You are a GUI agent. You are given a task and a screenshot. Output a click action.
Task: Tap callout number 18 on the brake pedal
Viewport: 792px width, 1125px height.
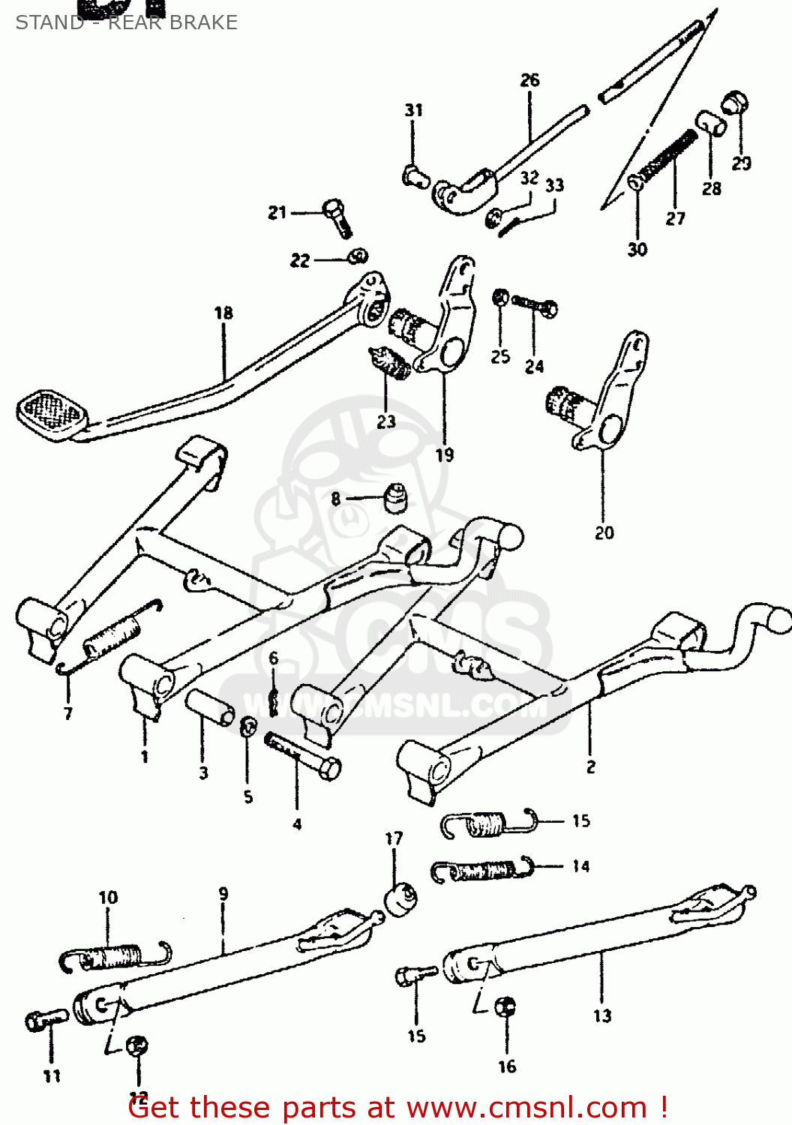tap(223, 313)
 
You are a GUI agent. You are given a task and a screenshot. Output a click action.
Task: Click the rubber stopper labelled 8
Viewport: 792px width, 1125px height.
tap(396, 498)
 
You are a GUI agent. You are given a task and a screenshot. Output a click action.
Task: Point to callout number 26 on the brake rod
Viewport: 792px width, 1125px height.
tap(529, 80)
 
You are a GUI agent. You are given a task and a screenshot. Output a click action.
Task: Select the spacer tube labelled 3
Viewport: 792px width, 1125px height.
tap(210, 708)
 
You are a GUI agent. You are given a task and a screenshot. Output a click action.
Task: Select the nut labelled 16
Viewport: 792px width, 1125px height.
tap(506, 1006)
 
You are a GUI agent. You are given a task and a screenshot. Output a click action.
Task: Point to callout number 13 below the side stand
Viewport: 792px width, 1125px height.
tap(602, 1016)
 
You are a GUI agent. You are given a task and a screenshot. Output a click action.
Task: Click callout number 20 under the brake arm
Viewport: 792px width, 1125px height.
tap(604, 533)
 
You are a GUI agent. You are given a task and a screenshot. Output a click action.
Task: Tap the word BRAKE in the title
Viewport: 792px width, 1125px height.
tap(203, 22)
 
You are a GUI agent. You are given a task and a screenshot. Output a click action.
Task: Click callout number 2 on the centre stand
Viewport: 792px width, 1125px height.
tap(591, 766)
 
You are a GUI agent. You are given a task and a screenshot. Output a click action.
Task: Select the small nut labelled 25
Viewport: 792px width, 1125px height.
tap(500, 298)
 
